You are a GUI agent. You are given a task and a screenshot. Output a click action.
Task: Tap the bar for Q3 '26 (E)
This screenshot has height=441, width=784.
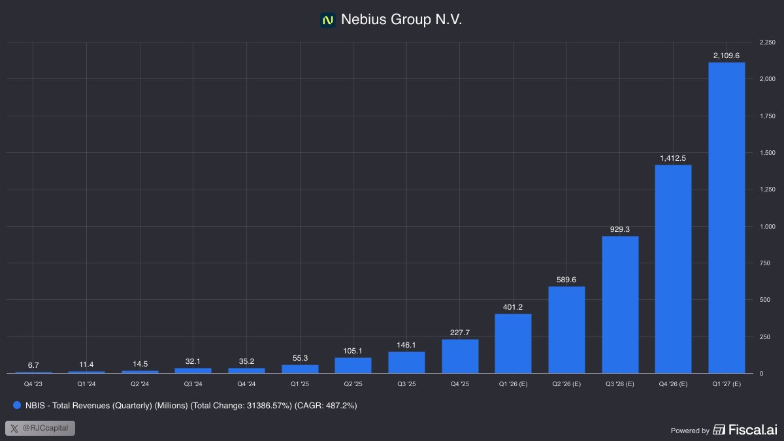coord(620,304)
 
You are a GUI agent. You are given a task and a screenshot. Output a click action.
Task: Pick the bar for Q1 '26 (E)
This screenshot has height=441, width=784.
coord(513,344)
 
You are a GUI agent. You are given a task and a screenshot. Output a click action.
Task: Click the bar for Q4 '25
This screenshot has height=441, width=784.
coord(460,356)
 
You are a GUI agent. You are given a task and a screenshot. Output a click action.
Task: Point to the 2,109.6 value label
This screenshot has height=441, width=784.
coord(727,56)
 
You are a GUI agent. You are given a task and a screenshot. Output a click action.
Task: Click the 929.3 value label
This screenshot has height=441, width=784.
coord(620,229)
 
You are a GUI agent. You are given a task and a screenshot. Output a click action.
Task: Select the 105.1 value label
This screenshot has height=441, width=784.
coord(353,350)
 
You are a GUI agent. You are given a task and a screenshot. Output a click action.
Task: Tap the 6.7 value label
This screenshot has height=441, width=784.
coord(33,365)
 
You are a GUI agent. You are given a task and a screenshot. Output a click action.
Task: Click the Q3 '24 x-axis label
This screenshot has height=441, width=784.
coord(193,384)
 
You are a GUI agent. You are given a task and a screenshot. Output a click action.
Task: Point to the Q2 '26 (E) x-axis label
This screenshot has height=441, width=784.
coord(566,384)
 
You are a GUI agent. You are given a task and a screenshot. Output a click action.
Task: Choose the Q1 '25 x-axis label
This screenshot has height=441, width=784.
coord(300,384)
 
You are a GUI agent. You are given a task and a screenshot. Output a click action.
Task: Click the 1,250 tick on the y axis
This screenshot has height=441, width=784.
coord(766,189)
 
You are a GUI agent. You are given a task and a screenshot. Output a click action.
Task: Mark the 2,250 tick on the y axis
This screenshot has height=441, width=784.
coord(766,42)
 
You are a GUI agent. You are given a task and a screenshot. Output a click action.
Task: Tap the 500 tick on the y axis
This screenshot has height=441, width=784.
coord(765,300)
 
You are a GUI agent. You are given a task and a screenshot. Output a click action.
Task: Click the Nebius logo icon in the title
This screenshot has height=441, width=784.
coord(328,20)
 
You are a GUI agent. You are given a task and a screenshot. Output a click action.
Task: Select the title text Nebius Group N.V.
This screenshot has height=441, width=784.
coord(401,20)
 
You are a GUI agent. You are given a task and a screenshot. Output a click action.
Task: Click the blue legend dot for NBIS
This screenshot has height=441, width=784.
coord(16,406)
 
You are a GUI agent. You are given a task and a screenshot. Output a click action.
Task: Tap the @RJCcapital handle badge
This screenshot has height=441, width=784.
coord(41,429)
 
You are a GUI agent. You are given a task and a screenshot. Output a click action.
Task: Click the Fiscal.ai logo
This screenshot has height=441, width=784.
coord(745,429)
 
